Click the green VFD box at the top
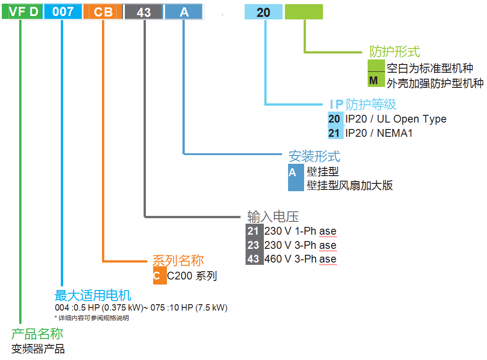22,12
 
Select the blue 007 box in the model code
63,12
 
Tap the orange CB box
103,12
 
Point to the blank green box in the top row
304,12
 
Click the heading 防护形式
395,52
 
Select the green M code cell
374,81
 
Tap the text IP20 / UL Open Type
396,119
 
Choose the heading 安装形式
314,156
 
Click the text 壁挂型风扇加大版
350,185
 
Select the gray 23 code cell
253,245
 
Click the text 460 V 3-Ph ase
300,259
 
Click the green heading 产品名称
37,334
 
